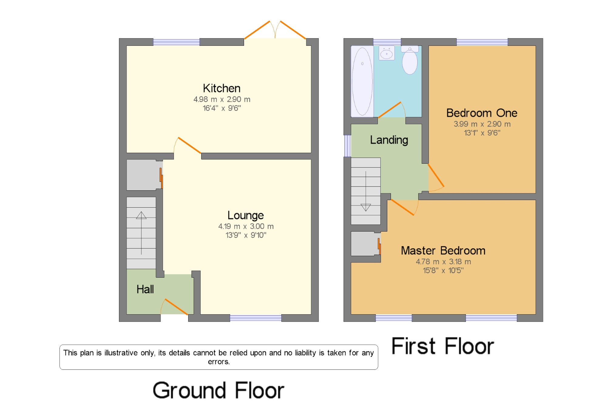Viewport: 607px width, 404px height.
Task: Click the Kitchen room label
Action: (x=222, y=88)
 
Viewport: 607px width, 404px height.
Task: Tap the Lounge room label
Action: (x=246, y=215)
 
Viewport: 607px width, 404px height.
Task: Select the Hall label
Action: (x=145, y=289)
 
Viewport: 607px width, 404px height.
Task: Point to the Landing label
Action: (x=389, y=140)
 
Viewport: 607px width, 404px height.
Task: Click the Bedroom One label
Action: (x=482, y=113)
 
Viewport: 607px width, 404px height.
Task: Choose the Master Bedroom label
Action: (x=443, y=251)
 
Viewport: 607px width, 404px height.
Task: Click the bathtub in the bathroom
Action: (x=362, y=81)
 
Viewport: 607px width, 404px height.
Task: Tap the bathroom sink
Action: (x=387, y=53)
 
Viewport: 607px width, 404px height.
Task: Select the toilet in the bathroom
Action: (x=410, y=60)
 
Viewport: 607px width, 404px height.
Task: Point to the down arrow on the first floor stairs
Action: (x=366, y=191)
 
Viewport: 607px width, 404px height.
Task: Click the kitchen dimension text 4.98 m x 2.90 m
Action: (x=222, y=99)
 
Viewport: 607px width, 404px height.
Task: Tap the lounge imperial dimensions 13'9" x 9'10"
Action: (x=246, y=235)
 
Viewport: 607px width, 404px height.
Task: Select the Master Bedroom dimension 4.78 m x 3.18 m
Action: (x=443, y=262)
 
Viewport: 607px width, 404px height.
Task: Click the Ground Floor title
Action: (x=218, y=390)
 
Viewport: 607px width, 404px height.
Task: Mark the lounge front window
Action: (x=256, y=318)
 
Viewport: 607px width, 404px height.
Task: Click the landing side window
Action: (x=348, y=146)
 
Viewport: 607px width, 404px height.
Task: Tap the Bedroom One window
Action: (x=482, y=42)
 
